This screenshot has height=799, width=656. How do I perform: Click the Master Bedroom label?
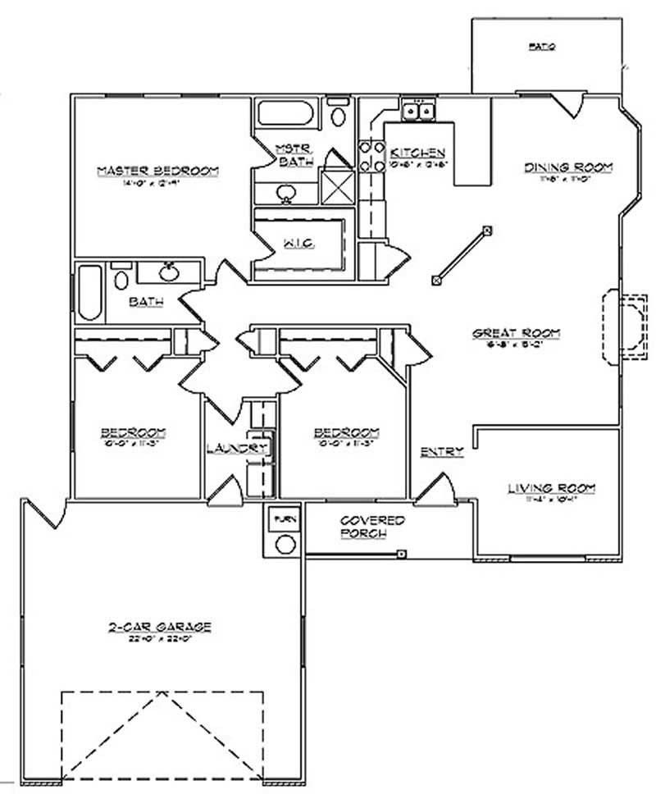tap(158, 171)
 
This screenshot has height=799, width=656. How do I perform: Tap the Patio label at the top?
tap(543, 48)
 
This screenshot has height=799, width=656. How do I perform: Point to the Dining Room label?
tap(569, 167)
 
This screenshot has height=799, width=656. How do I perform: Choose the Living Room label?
tap(551, 489)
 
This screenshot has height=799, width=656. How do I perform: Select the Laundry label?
tap(235, 449)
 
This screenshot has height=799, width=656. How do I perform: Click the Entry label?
tap(442, 452)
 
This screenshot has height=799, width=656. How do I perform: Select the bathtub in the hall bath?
tap(90, 293)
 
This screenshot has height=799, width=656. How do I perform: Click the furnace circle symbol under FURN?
tap(285, 544)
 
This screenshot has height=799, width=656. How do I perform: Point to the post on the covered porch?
tap(400, 554)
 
